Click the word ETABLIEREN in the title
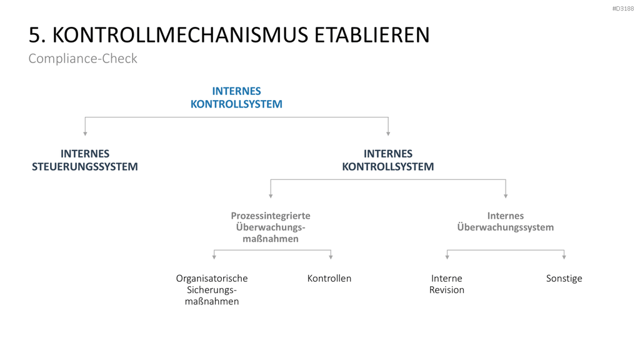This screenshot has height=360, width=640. (x=372, y=35)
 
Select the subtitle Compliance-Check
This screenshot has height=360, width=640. (x=83, y=59)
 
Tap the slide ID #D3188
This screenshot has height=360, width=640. (x=623, y=9)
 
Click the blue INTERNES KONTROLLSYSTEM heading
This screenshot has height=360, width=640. (x=236, y=97)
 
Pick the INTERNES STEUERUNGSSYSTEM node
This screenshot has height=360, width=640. (x=85, y=160)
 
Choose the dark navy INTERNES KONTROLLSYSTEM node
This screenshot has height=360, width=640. (x=387, y=160)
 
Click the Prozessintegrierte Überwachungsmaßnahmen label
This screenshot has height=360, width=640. (x=271, y=227)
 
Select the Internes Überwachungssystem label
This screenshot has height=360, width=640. (x=505, y=222)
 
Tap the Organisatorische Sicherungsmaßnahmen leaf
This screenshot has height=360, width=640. (x=212, y=290)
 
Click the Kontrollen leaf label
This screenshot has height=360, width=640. (x=329, y=278)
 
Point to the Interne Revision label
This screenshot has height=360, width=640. (x=446, y=284)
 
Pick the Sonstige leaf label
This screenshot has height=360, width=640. (x=564, y=279)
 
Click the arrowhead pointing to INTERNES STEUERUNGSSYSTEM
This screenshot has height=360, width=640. (x=85, y=134)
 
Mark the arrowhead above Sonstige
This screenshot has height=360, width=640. (x=564, y=257)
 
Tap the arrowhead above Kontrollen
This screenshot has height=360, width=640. (x=331, y=257)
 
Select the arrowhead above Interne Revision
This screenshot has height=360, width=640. (x=447, y=257)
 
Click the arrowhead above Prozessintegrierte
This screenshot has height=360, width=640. (x=271, y=196)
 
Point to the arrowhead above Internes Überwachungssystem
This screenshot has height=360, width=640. (x=506, y=196)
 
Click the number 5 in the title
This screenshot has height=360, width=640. (x=34, y=35)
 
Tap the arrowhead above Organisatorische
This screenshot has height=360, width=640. (x=214, y=257)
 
